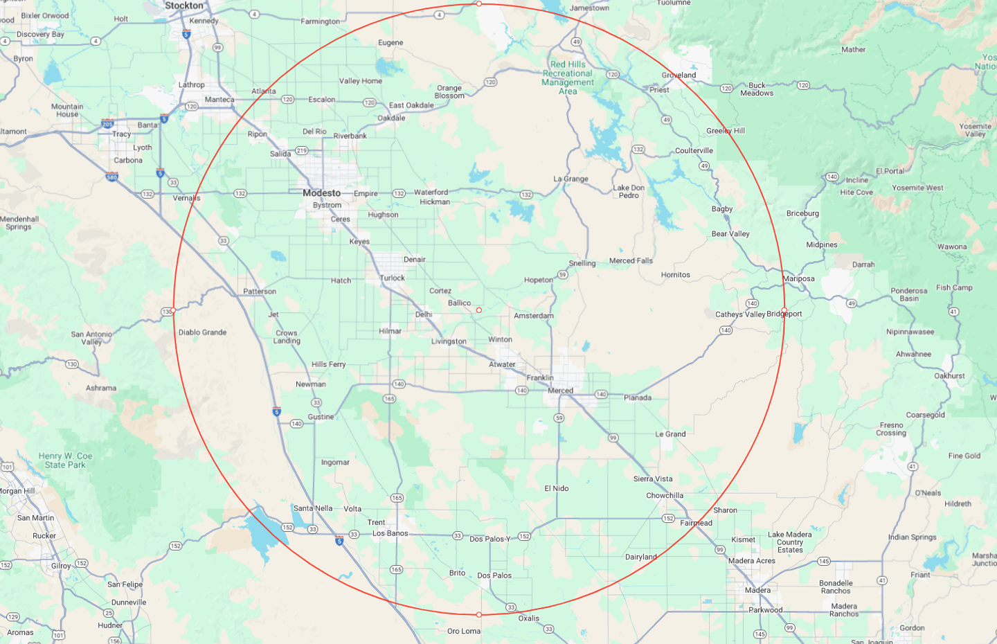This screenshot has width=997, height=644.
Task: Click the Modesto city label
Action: (321, 193)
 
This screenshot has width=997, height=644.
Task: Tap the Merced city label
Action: (560, 391)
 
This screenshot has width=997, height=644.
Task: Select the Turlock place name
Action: (392, 278)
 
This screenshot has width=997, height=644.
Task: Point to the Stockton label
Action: (184, 6)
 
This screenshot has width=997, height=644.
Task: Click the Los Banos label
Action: (390, 533)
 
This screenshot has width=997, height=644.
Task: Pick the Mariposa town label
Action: (798, 279)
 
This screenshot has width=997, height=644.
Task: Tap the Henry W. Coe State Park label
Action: (65, 460)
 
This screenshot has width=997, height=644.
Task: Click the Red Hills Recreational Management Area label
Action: (568, 78)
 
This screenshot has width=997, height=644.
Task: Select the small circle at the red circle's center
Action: (478, 310)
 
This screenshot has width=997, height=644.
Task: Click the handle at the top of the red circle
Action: (478, 4)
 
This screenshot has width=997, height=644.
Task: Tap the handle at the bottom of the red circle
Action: (478, 615)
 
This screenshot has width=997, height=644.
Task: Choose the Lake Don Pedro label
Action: (629, 192)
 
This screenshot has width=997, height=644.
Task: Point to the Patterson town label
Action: (260, 292)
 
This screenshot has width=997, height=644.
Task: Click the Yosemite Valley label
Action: (975, 130)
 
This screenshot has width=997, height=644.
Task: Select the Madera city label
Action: (757, 591)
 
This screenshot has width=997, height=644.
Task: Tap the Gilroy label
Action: (61, 566)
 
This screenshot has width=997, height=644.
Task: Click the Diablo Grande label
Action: (202, 332)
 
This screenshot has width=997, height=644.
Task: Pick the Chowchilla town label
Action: (665, 496)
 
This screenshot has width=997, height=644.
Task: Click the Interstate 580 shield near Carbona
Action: (112, 177)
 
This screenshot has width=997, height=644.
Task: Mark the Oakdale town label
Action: (391, 118)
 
